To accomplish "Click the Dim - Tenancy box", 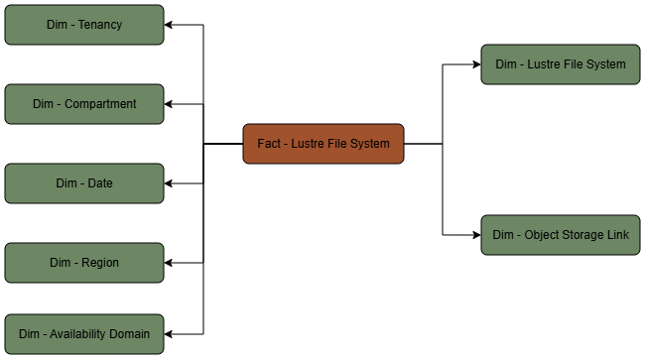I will point(84,25).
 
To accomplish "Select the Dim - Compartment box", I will point(84,104).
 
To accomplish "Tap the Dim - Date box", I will point(84,183).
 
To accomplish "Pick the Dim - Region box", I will point(84,263).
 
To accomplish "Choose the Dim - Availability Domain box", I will point(84,334).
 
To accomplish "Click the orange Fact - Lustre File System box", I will point(323,144).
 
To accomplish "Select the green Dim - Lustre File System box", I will point(561,64).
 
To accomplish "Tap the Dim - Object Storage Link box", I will point(561,235).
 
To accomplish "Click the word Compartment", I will point(100,104).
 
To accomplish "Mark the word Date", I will point(99,183).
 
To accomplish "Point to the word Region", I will point(99,263).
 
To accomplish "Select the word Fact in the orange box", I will point(269,144).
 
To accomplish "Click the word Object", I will point(543,235).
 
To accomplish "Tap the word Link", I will point(619,235).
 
